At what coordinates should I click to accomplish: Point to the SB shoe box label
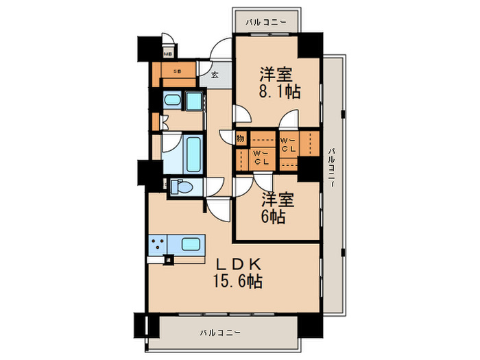(x=176, y=70)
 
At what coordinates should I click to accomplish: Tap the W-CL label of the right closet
(x=289, y=144)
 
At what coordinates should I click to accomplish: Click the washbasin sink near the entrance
(x=172, y=102)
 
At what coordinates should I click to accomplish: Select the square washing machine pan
(x=195, y=102)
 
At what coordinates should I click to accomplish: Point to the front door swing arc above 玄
(x=221, y=52)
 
